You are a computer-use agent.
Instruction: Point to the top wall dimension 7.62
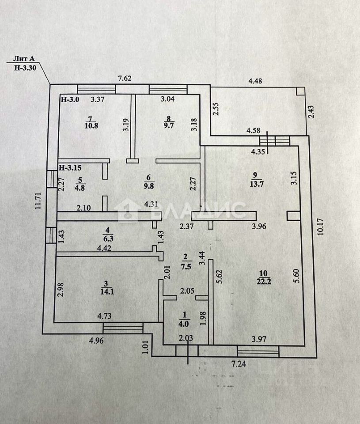pyautogui.click(x=125, y=79)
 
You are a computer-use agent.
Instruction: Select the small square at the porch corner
pyautogui.click(x=300, y=91)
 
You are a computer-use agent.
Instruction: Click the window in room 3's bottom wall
pyautogui.click(x=123, y=328)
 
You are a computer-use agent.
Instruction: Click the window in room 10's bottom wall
pyautogui.click(x=258, y=352)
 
